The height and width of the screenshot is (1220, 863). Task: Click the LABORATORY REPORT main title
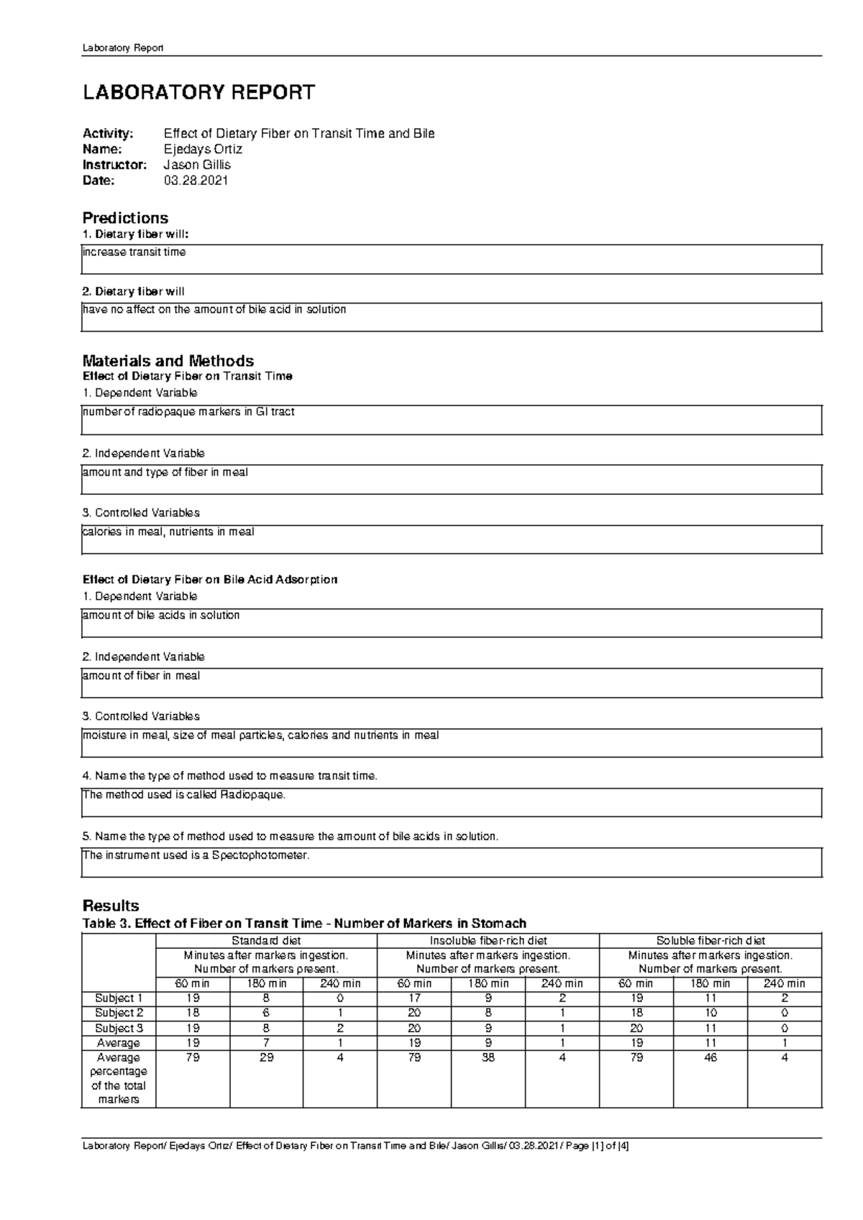click(x=198, y=93)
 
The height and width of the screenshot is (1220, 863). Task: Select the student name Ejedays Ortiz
click(x=203, y=150)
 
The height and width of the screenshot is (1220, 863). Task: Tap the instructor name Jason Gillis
click(x=197, y=165)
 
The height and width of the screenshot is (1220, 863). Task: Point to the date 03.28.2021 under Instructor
click(x=196, y=181)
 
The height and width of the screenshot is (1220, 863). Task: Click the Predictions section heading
click(x=125, y=218)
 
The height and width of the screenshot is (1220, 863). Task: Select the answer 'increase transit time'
click(x=134, y=252)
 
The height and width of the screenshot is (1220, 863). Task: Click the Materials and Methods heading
click(x=168, y=360)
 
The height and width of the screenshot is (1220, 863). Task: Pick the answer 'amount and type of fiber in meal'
click(x=165, y=473)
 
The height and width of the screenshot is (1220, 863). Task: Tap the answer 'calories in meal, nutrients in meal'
click(x=168, y=532)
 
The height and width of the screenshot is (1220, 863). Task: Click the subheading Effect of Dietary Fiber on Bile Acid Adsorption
click(x=210, y=579)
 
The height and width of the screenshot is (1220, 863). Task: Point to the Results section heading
click(x=111, y=906)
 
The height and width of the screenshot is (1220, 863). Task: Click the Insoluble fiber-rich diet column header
click(x=488, y=941)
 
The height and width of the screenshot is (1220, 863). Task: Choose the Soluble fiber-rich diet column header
click(x=710, y=941)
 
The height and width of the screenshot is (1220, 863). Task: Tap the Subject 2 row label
click(x=119, y=1013)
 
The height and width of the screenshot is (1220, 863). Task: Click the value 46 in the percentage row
click(x=711, y=1058)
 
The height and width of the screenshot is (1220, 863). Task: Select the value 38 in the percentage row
click(x=488, y=1058)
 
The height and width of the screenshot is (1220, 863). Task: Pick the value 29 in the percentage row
click(x=266, y=1058)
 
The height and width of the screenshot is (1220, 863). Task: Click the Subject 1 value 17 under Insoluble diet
click(x=414, y=998)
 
